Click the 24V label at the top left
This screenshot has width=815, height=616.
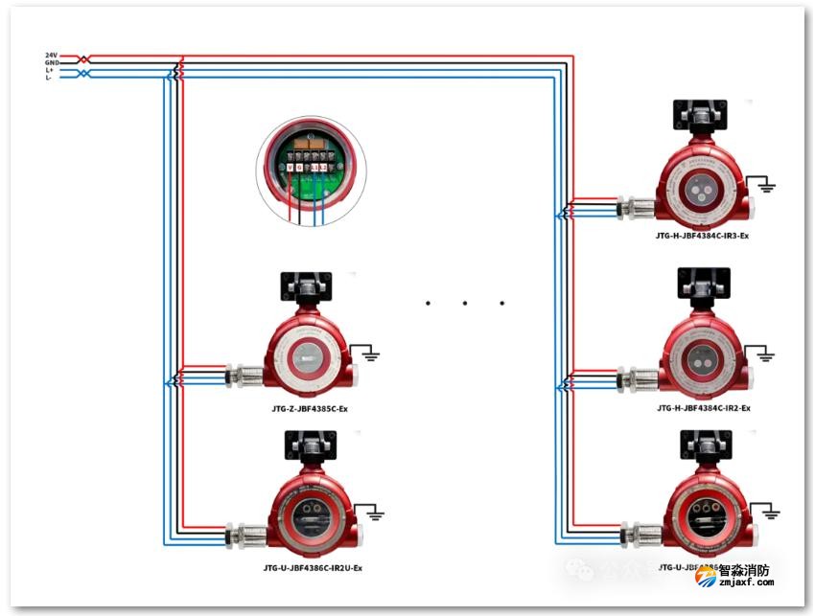(51, 56)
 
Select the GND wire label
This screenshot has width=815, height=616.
(51, 63)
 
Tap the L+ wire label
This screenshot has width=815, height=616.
(50, 70)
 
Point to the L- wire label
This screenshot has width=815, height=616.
(50, 78)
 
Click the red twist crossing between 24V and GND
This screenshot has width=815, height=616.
(84, 59)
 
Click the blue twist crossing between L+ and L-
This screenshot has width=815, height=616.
(84, 74)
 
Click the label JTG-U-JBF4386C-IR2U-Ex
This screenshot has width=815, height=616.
(313, 568)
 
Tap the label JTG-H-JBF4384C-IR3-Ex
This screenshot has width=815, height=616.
(703, 236)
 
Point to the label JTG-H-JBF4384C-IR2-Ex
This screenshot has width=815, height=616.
(703, 408)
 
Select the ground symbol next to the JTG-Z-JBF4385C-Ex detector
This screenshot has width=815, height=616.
(370, 356)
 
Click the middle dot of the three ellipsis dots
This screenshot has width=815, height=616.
(464, 304)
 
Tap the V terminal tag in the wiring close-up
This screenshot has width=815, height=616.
(290, 167)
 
